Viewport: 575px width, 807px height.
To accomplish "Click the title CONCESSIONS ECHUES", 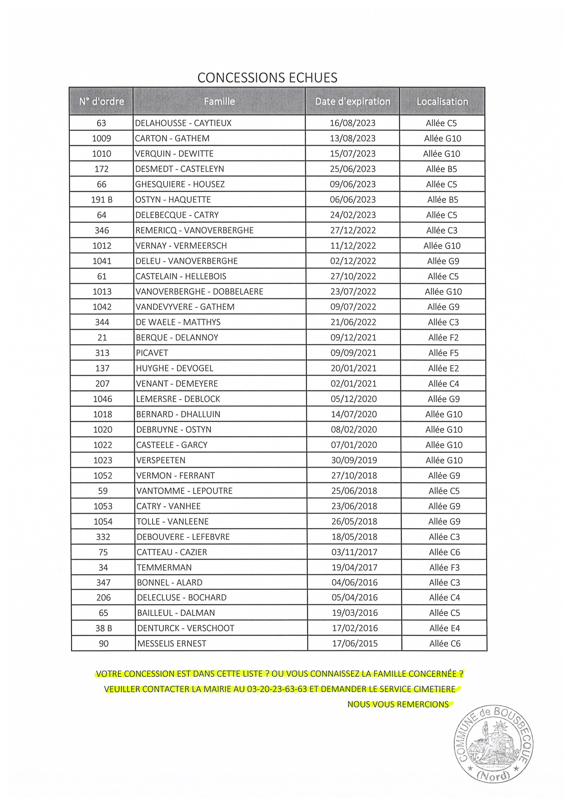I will [x=267, y=77].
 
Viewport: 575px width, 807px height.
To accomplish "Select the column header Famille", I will [x=219, y=102].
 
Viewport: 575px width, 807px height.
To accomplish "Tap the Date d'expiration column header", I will [x=353, y=102].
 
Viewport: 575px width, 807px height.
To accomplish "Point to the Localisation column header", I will [x=442, y=102].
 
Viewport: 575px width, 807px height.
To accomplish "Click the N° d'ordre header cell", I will [x=102, y=102].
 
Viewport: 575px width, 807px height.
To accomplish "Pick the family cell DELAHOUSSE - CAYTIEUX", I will [x=183, y=123].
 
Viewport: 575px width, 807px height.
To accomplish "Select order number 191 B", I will [x=102, y=200].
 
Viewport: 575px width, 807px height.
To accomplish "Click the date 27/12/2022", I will [x=353, y=230].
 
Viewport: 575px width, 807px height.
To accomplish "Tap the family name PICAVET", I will [x=152, y=353].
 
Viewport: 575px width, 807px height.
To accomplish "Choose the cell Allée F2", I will [x=443, y=338].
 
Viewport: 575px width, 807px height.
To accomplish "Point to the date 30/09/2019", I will [x=354, y=460].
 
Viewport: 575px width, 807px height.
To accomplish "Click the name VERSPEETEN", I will [x=161, y=460].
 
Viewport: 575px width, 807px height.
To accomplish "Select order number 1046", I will [x=103, y=399].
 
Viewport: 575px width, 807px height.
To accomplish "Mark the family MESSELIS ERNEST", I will [x=172, y=644].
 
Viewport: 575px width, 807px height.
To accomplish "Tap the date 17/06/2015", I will [x=355, y=644].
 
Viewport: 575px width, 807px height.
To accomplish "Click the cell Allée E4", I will [x=445, y=628].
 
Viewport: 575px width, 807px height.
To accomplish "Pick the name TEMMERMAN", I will [x=164, y=567].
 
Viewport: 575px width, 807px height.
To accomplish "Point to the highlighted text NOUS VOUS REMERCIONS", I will [x=398, y=704].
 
